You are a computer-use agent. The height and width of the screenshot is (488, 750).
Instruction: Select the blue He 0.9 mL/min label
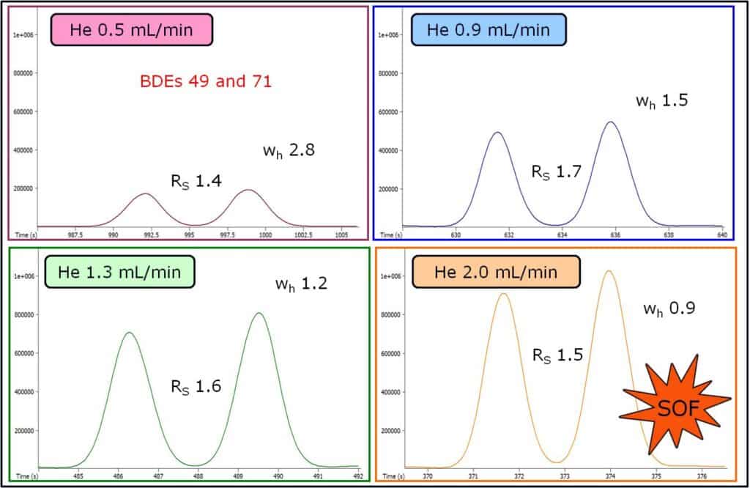pyautogui.click(x=489, y=30)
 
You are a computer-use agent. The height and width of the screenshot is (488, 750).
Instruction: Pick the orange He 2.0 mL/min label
pyautogui.click(x=496, y=272)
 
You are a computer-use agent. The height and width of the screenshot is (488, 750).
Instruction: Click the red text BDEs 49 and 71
pyautogui.click(x=206, y=81)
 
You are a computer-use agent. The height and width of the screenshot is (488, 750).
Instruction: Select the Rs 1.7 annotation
pyautogui.click(x=557, y=173)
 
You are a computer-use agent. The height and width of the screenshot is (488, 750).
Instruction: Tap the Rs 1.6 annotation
pyautogui.click(x=195, y=386)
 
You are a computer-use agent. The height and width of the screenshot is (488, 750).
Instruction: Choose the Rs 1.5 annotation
pyautogui.click(x=557, y=355)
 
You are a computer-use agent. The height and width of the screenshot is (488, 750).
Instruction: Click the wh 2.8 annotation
pyautogui.click(x=289, y=151)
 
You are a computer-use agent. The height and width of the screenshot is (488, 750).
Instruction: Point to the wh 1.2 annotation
pyautogui.click(x=301, y=282)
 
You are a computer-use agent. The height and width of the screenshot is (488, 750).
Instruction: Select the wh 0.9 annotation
pyautogui.click(x=669, y=308)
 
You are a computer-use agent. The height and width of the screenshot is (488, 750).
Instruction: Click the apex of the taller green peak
pyautogui.click(x=259, y=314)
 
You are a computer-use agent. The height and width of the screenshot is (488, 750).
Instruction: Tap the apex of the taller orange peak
pyautogui.click(x=608, y=271)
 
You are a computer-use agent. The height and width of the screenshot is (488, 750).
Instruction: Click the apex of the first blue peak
pyautogui.click(x=497, y=133)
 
